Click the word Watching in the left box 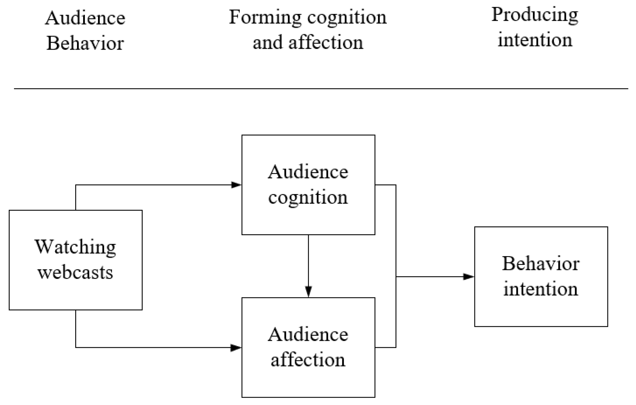pyautogui.click(x=75, y=247)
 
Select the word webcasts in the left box pyautogui.click(x=75, y=273)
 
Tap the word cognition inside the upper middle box pyautogui.click(x=308, y=198)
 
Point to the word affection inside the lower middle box pyautogui.click(x=308, y=359)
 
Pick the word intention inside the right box pyautogui.click(x=541, y=289)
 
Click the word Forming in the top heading pyautogui.click(x=265, y=18)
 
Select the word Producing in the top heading pyautogui.click(x=535, y=15)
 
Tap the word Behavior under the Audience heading pyautogui.click(x=85, y=43)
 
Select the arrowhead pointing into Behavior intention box pyautogui.click(x=469, y=276)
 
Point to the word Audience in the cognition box pyautogui.click(x=308, y=172)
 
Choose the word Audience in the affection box pyautogui.click(x=308, y=334)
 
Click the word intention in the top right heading pyautogui.click(x=535, y=40)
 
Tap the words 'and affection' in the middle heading pyautogui.click(x=308, y=43)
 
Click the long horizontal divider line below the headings pyautogui.click(x=321, y=88)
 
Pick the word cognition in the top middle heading pyautogui.click(x=347, y=18)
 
